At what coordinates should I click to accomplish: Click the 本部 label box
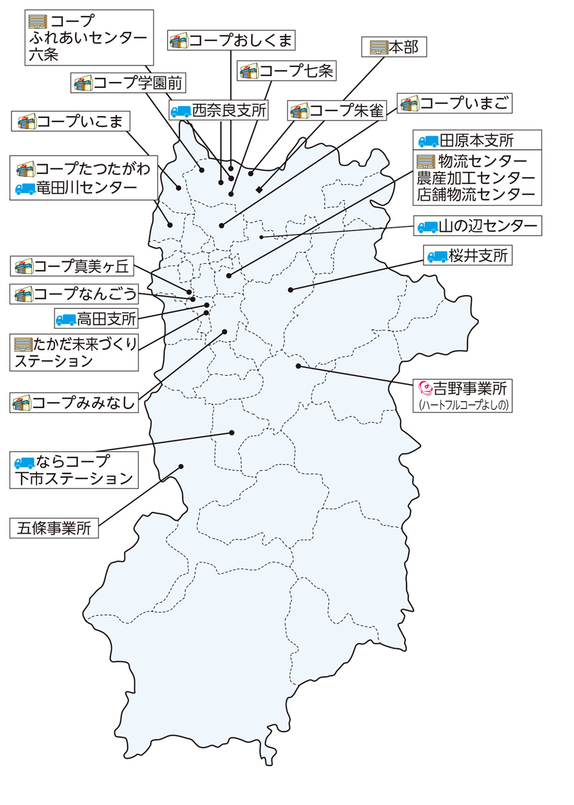pyautogui.click(x=394, y=47)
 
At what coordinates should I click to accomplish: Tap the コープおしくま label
pyautogui.click(x=231, y=41)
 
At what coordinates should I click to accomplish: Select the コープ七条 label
pyautogui.click(x=287, y=71)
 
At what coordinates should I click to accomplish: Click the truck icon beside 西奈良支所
pyautogui.click(x=181, y=111)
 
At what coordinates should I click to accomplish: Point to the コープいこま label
pyautogui.click(x=71, y=121)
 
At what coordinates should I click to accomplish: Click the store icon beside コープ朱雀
pyautogui.click(x=299, y=111)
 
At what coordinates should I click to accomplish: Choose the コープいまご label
pyautogui.click(x=454, y=103)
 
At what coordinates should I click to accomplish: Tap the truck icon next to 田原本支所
pyautogui.click(x=428, y=140)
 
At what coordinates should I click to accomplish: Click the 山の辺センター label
pyautogui.click(x=477, y=226)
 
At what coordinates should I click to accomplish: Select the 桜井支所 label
pyautogui.click(x=467, y=255)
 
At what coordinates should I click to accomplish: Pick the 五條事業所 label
pyautogui.click(x=54, y=528)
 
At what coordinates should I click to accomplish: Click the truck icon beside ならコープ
pyautogui.click(x=24, y=462)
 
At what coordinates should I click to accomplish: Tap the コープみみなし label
pyautogui.click(x=74, y=403)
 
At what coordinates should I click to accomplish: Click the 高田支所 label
pyautogui.click(x=96, y=319)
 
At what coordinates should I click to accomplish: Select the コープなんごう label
pyautogui.click(x=74, y=294)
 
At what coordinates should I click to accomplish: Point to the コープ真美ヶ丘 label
pyautogui.click(x=72, y=266)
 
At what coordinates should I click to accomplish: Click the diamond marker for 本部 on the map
pyautogui.click(x=259, y=189)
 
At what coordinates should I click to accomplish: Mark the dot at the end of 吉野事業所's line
pyautogui.click(x=299, y=366)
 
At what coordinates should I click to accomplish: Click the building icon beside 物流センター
pyautogui.click(x=425, y=161)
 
